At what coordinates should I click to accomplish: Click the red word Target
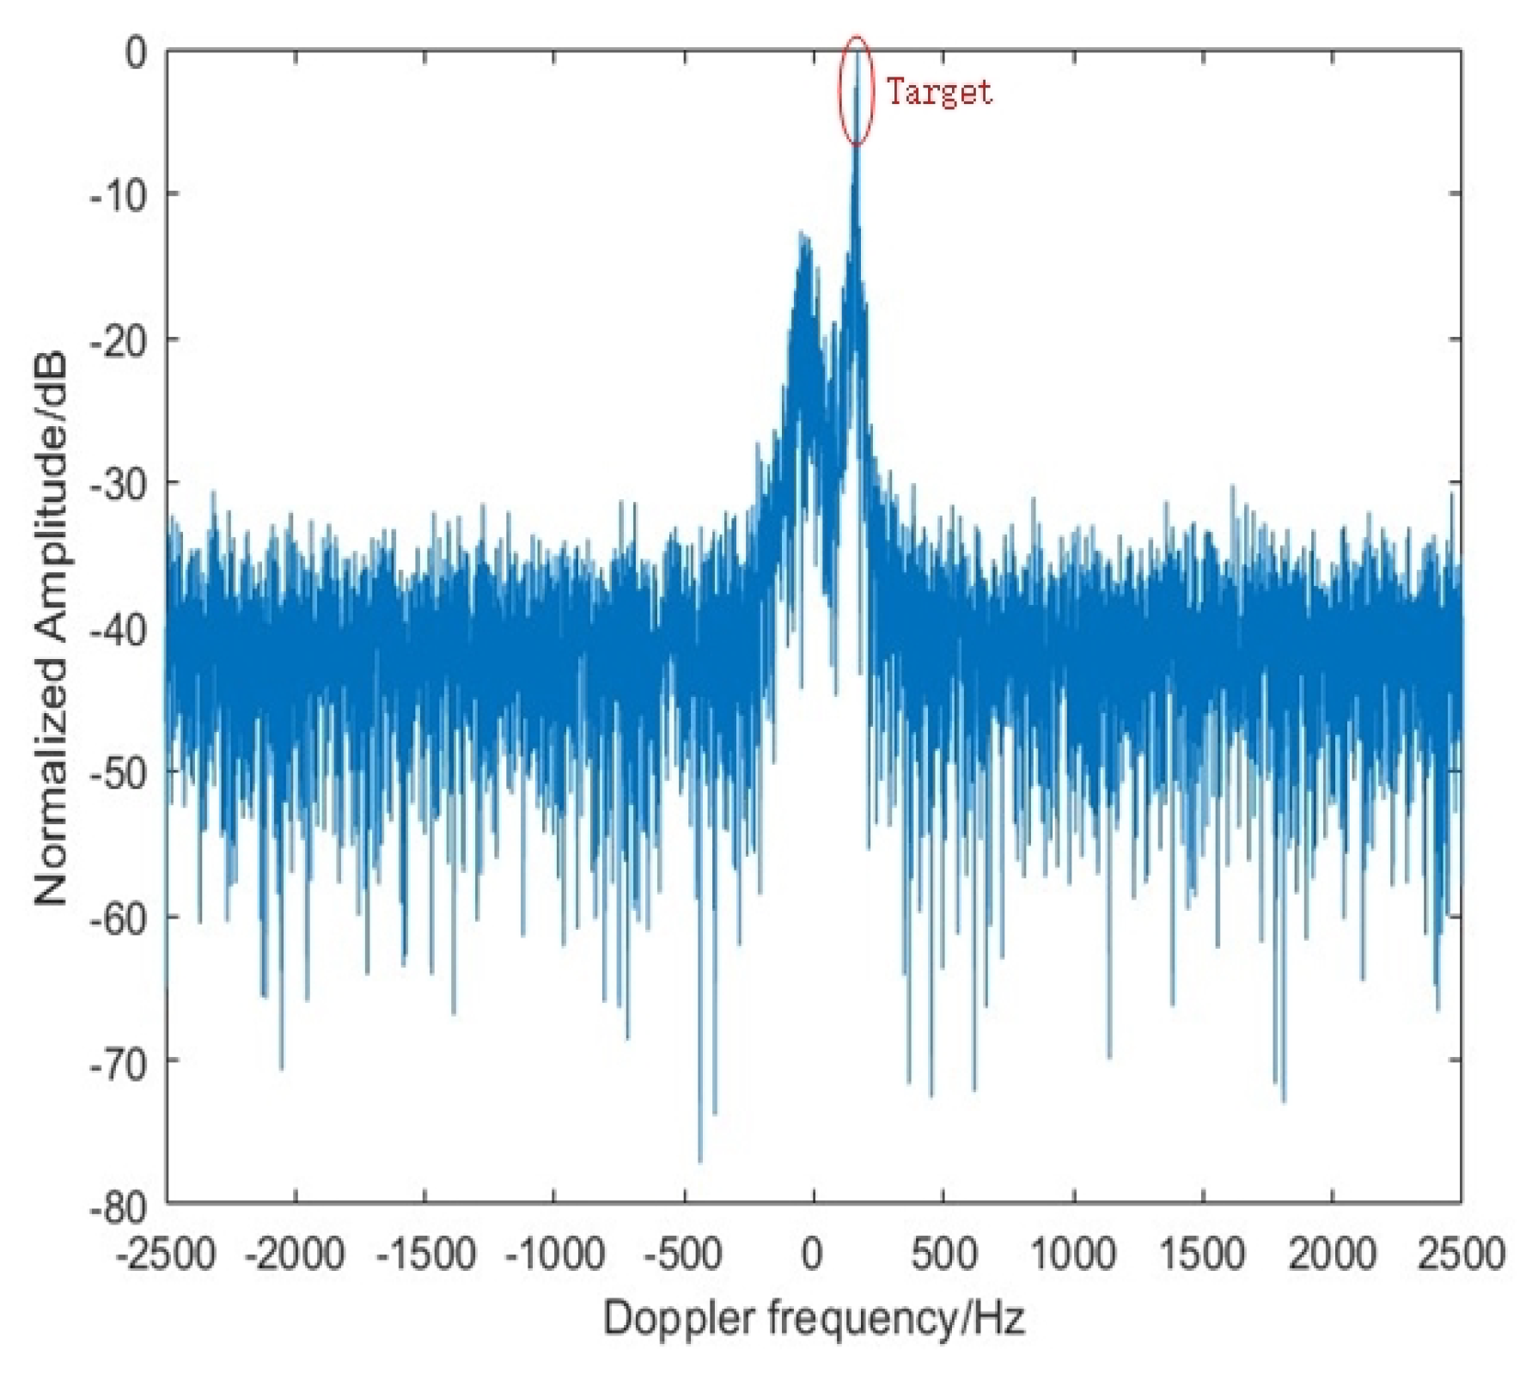pyautogui.click(x=939, y=92)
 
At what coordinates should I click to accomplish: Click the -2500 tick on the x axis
pyautogui.click(x=166, y=1254)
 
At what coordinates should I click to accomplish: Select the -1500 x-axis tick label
pyautogui.click(x=425, y=1254)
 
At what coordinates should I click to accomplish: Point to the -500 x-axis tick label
pyautogui.click(x=683, y=1254)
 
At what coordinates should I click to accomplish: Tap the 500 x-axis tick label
pyautogui.click(x=943, y=1254)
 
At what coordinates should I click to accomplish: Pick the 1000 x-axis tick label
pyautogui.click(x=1073, y=1254)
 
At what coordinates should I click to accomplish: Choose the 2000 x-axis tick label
pyautogui.click(x=1332, y=1254)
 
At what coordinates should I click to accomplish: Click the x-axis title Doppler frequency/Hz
pyautogui.click(x=814, y=1317)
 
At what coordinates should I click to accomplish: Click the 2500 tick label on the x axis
pyautogui.click(x=1461, y=1254)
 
